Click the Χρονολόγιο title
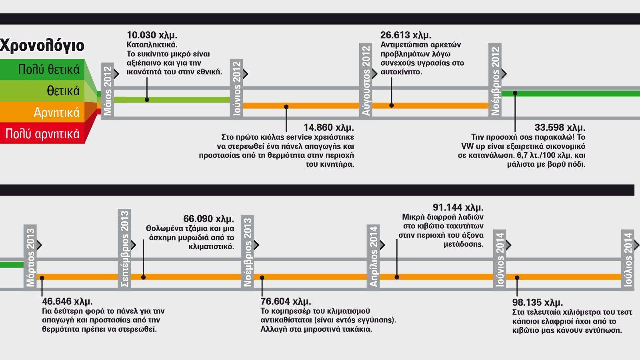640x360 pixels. click(42, 46)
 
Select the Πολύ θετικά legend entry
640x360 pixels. click(42, 70)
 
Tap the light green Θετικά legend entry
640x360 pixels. click(42, 91)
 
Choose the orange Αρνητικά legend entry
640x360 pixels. click(42, 112)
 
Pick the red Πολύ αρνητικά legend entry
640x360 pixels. click(42, 133)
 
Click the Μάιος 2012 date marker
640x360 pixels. click(108, 91)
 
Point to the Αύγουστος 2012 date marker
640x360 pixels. click(366, 81)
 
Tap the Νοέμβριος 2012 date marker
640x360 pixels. click(495, 81)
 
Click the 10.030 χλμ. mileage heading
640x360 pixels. click(152, 35)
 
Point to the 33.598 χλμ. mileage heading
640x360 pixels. click(560, 128)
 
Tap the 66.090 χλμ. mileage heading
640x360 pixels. click(208, 219)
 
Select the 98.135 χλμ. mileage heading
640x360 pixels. click(538, 302)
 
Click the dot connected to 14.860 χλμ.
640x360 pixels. click(286, 107)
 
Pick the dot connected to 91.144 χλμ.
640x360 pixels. click(397, 277)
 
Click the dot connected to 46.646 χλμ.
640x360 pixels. click(42, 278)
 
